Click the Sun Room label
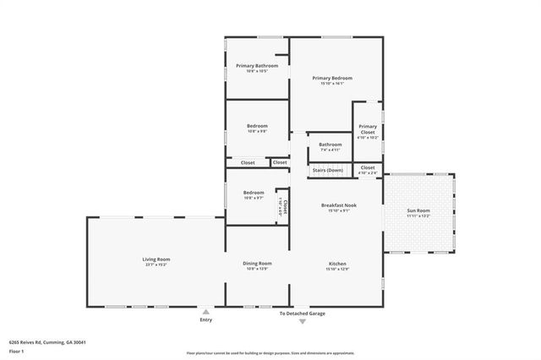418,210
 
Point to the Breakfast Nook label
338,205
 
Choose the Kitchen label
337,264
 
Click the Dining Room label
257,264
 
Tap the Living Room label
156,259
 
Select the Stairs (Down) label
328,171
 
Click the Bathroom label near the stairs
331,145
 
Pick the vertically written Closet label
286,206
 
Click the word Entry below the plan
206,319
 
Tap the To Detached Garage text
303,314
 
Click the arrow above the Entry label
206,311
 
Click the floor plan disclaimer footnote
270,353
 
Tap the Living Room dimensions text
156,265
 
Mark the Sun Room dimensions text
418,215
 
